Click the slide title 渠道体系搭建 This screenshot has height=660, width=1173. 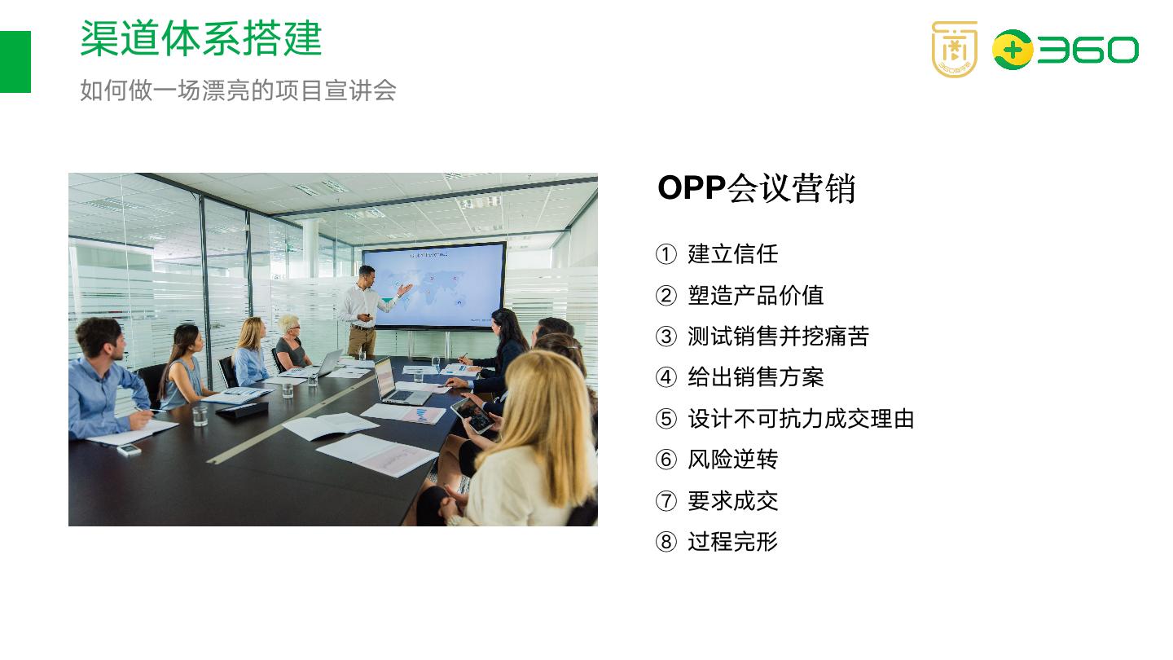(201, 39)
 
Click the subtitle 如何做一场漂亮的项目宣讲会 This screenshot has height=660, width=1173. (238, 90)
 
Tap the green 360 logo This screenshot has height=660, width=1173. (1065, 50)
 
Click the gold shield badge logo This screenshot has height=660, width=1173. (954, 49)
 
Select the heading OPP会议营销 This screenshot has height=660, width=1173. (756, 188)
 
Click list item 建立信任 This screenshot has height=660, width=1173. (732, 254)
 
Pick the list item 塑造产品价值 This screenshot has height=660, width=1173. (755, 295)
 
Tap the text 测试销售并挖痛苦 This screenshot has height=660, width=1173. (778, 337)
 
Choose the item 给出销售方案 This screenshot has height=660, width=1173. (755, 377)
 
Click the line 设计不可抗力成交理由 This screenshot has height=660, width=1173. (801, 419)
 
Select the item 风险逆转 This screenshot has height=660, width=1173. (732, 460)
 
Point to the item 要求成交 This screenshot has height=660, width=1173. (732, 500)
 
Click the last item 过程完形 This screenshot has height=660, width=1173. (732, 542)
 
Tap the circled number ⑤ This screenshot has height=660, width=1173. (666, 419)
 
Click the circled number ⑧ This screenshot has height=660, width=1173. (666, 542)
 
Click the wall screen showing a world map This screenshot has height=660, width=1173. (433, 285)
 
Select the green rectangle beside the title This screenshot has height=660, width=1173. (15, 62)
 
